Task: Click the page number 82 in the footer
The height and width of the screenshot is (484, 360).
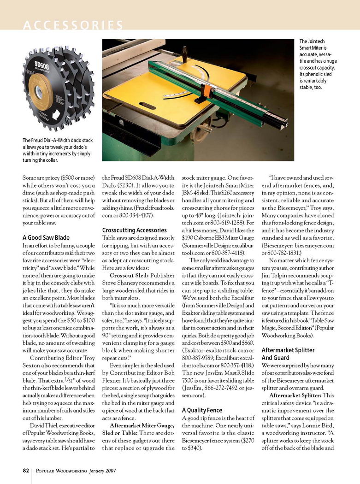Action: pyautogui.click(x=27, y=471)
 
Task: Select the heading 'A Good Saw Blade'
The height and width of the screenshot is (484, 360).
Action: pyautogui.click(x=46, y=238)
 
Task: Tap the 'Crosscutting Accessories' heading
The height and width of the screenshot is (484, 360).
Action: pyautogui.click(x=134, y=230)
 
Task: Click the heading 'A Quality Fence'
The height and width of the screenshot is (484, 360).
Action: pyautogui.click(x=202, y=410)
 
